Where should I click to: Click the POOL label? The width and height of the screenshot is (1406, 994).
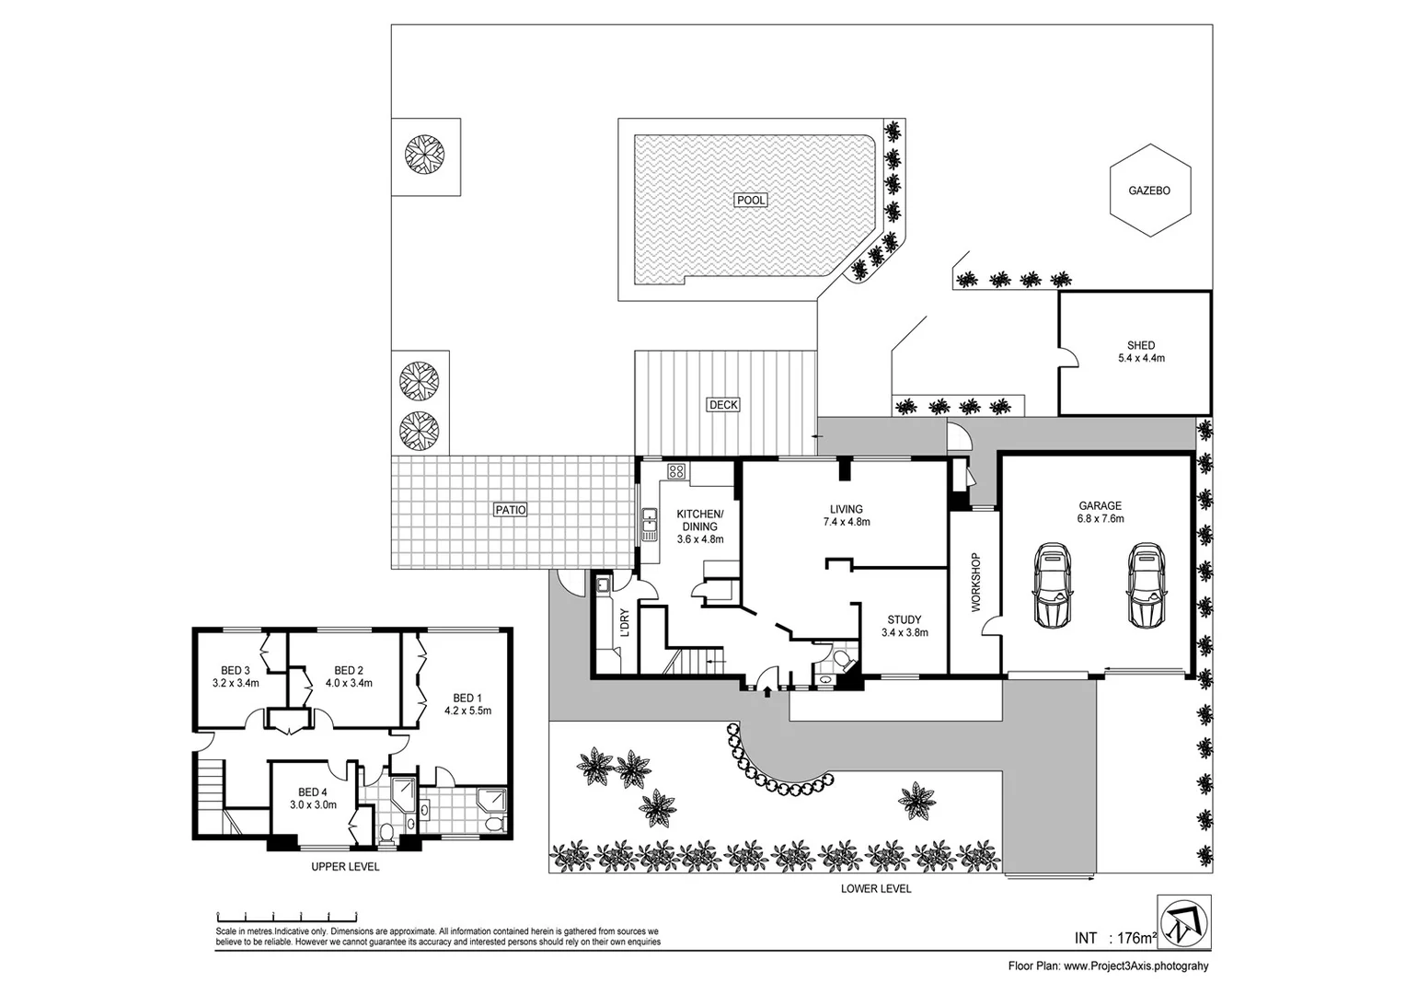click(x=751, y=200)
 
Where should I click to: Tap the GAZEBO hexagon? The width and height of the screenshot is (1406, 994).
click(x=1149, y=191)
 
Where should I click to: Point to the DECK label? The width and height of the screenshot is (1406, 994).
click(x=723, y=404)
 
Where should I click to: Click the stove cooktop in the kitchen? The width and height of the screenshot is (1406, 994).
click(x=676, y=472)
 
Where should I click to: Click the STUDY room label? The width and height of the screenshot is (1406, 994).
click(x=904, y=619)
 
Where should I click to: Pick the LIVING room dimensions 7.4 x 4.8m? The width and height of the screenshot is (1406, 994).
click(x=846, y=522)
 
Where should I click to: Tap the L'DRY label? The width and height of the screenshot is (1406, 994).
click(x=625, y=623)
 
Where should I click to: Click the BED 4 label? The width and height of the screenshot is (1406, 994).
click(x=313, y=792)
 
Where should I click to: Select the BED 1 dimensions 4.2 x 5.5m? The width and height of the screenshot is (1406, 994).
click(x=467, y=711)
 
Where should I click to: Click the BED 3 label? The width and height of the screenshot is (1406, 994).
click(x=236, y=670)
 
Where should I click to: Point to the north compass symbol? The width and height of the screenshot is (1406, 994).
click(x=1184, y=920)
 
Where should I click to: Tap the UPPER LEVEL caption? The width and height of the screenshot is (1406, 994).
click(x=345, y=867)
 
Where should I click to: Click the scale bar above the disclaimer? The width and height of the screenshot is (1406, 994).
click(x=286, y=916)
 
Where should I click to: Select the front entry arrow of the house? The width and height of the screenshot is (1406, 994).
click(x=767, y=690)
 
